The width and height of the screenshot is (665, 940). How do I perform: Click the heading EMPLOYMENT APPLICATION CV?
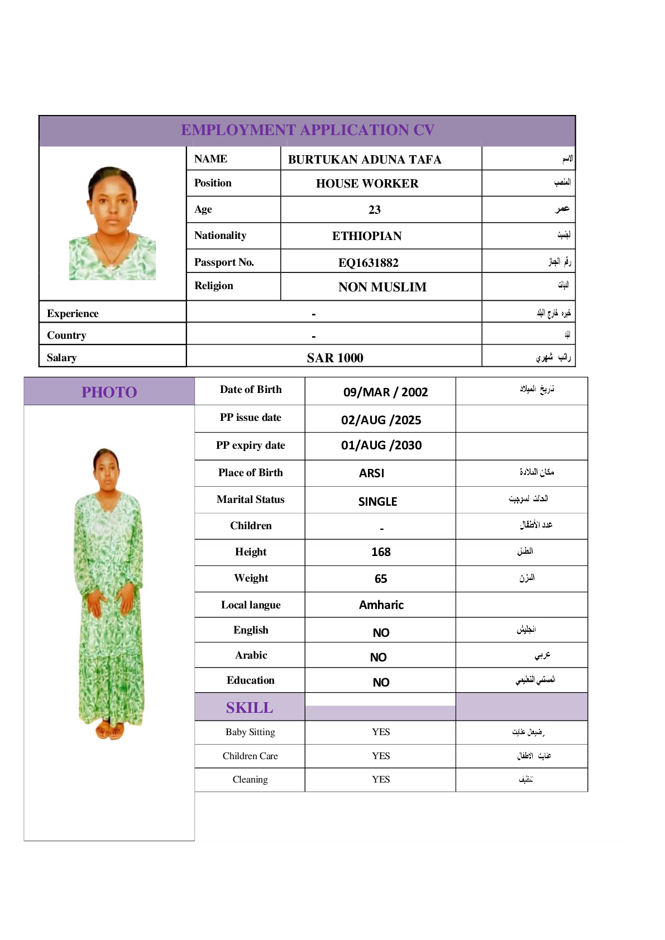[x=308, y=130]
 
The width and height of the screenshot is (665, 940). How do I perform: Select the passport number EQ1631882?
[x=368, y=262]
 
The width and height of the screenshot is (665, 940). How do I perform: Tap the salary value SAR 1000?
[x=335, y=358]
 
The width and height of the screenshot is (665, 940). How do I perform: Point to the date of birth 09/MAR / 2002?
[x=385, y=392]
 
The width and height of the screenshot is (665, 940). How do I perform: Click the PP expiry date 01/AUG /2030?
[x=381, y=445]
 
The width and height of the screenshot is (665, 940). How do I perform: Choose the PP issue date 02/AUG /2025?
[x=381, y=420]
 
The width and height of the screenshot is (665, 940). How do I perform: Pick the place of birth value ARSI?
[x=371, y=473]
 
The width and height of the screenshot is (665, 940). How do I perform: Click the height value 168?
[x=381, y=552]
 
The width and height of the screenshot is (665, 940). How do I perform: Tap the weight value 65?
[x=381, y=579]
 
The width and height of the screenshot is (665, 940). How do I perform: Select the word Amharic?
[x=381, y=605]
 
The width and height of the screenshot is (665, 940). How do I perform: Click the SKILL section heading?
[x=250, y=708]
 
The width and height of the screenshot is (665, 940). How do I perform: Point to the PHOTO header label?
[x=109, y=392]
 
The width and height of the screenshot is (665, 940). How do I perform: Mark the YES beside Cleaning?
[x=381, y=779]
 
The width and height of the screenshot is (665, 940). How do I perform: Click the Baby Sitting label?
[x=250, y=732]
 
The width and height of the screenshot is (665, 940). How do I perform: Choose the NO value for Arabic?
[x=378, y=658]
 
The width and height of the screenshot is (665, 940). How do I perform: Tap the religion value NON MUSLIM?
[x=382, y=287]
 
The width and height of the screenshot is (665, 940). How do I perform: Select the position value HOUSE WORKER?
[x=367, y=184]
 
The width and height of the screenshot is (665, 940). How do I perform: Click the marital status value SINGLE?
[x=377, y=501]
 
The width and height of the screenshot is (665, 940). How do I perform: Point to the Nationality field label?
[x=220, y=236]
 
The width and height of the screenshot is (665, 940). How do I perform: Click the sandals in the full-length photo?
[x=109, y=730]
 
